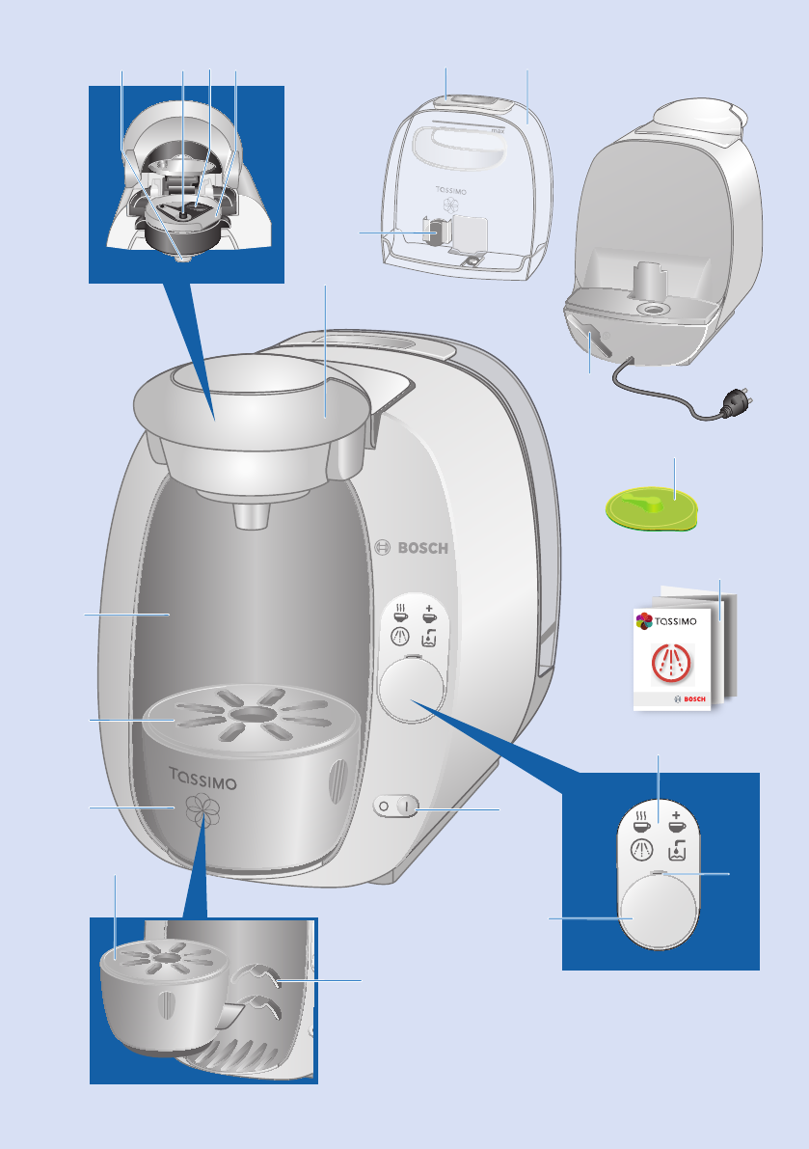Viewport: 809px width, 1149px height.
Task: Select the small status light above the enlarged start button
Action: (659, 875)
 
